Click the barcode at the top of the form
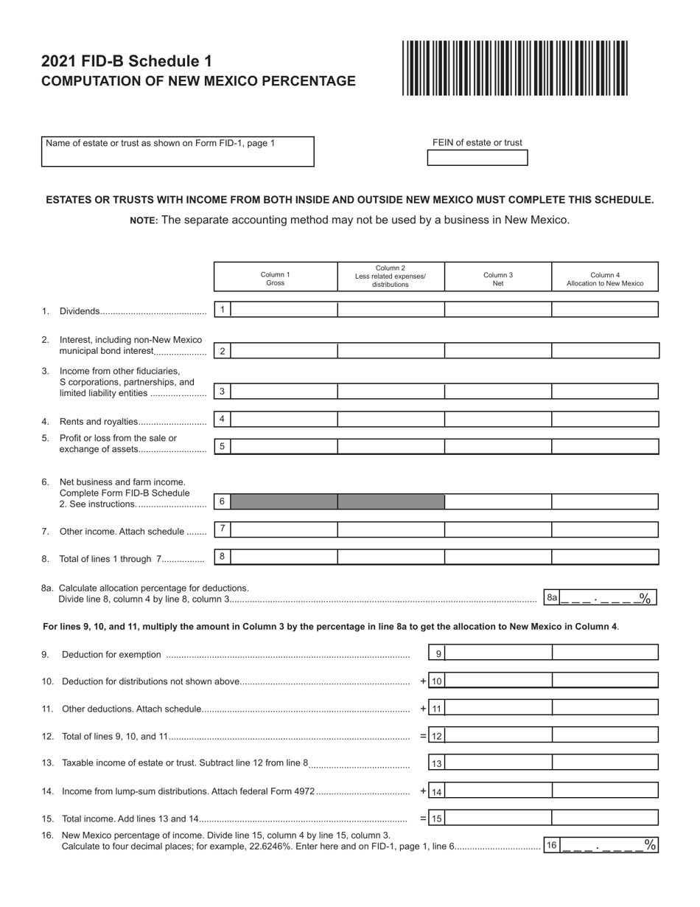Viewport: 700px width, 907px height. coord(514,68)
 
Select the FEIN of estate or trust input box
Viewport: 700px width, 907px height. coord(477,158)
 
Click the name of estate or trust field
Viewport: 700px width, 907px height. coord(178,152)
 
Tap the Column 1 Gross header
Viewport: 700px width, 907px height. coord(276,278)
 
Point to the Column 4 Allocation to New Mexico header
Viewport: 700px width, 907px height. coord(604,278)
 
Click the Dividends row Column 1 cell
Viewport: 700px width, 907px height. coord(284,310)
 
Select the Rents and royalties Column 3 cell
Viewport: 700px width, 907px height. coord(498,420)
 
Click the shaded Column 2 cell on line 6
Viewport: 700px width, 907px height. coord(391,502)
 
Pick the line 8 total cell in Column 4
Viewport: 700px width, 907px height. coord(604,557)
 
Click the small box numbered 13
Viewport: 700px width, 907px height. coord(437,764)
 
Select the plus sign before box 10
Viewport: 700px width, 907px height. coord(424,681)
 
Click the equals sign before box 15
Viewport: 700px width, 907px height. coord(424,818)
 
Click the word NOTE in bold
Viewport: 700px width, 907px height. coord(144,220)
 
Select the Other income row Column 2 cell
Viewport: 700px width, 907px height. coord(391,529)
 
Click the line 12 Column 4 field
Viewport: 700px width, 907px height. coord(604,735)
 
